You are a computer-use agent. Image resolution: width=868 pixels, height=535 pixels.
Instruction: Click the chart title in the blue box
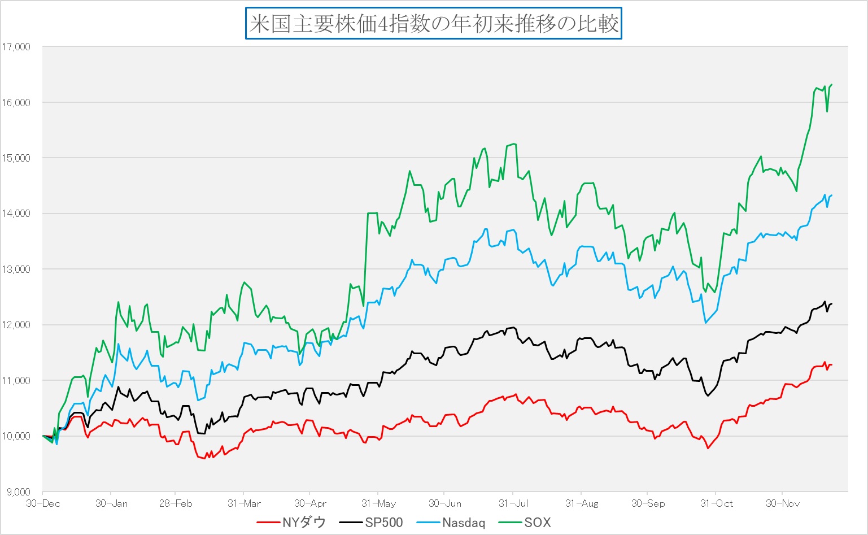coord(434,24)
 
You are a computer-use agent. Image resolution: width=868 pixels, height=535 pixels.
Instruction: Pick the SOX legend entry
coord(525,523)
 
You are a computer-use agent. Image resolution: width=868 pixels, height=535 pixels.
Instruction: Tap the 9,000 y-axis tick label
coord(18,491)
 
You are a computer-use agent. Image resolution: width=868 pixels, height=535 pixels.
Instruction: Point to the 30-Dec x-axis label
coord(42,503)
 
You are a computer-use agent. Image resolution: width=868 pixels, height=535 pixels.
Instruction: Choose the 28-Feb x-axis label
coord(175,503)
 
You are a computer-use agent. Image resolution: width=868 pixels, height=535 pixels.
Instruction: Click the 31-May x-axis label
coord(378,503)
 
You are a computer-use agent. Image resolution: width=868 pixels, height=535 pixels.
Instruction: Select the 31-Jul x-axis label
coord(513,503)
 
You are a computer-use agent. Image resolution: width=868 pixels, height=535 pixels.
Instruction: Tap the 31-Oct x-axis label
coord(716,503)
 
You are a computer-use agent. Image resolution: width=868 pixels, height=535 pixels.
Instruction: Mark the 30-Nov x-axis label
coord(782,503)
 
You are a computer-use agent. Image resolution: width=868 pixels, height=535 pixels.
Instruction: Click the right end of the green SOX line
coord(832,85)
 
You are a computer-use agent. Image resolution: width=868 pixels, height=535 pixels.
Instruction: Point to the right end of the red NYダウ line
coord(832,364)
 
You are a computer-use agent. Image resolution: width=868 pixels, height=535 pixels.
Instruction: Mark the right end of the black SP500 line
coord(832,304)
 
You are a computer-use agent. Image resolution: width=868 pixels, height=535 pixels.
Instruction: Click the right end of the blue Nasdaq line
coord(832,195)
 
